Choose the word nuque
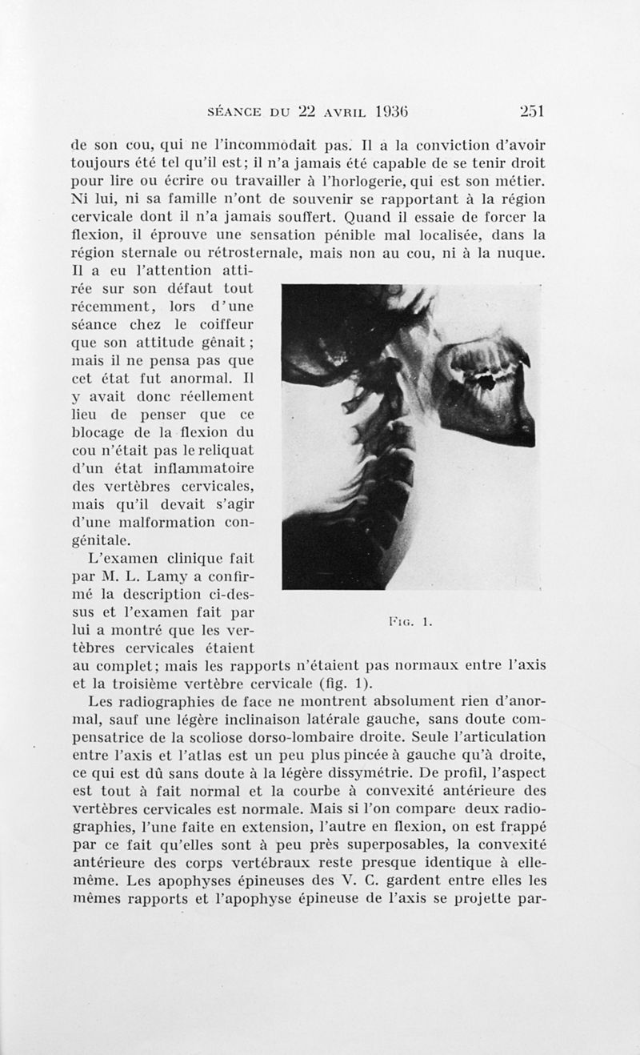click(x=523, y=254)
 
